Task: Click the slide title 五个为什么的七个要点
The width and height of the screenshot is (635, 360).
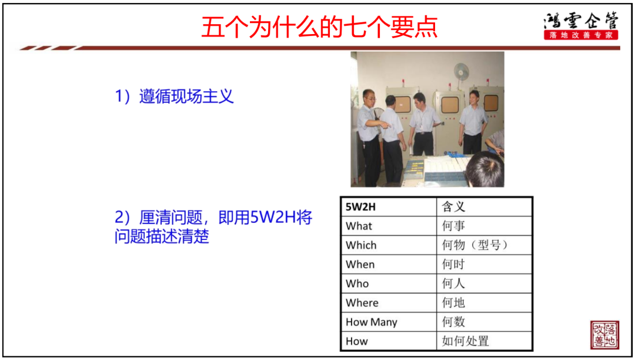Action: [x=319, y=27]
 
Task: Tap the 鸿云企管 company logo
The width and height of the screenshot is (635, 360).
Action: [x=581, y=26]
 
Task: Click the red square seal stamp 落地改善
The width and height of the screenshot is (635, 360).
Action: [x=604, y=335]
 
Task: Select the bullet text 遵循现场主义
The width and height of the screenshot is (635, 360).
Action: [x=186, y=96]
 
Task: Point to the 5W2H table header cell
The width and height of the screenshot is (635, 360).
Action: [x=389, y=207]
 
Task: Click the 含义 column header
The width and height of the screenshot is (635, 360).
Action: [x=484, y=207]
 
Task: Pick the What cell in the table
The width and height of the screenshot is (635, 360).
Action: [x=389, y=226]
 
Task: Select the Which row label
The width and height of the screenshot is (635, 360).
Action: [x=361, y=245]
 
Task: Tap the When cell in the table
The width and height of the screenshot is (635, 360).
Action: [x=389, y=265]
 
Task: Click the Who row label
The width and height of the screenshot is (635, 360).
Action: [x=357, y=284]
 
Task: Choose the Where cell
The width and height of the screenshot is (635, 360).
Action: [x=389, y=303]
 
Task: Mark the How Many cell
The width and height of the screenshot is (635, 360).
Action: [x=389, y=322]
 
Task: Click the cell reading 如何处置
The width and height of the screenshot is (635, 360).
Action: [x=484, y=341]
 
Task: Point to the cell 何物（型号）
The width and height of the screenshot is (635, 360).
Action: [x=484, y=245]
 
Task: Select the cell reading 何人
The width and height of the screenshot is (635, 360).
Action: [x=484, y=284]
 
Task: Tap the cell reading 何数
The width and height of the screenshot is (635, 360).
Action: [x=484, y=322]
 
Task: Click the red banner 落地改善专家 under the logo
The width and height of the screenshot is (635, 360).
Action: [x=581, y=35]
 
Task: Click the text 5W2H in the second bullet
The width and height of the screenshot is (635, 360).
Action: [x=273, y=218]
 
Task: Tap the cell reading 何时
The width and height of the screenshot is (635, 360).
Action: [x=484, y=265]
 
